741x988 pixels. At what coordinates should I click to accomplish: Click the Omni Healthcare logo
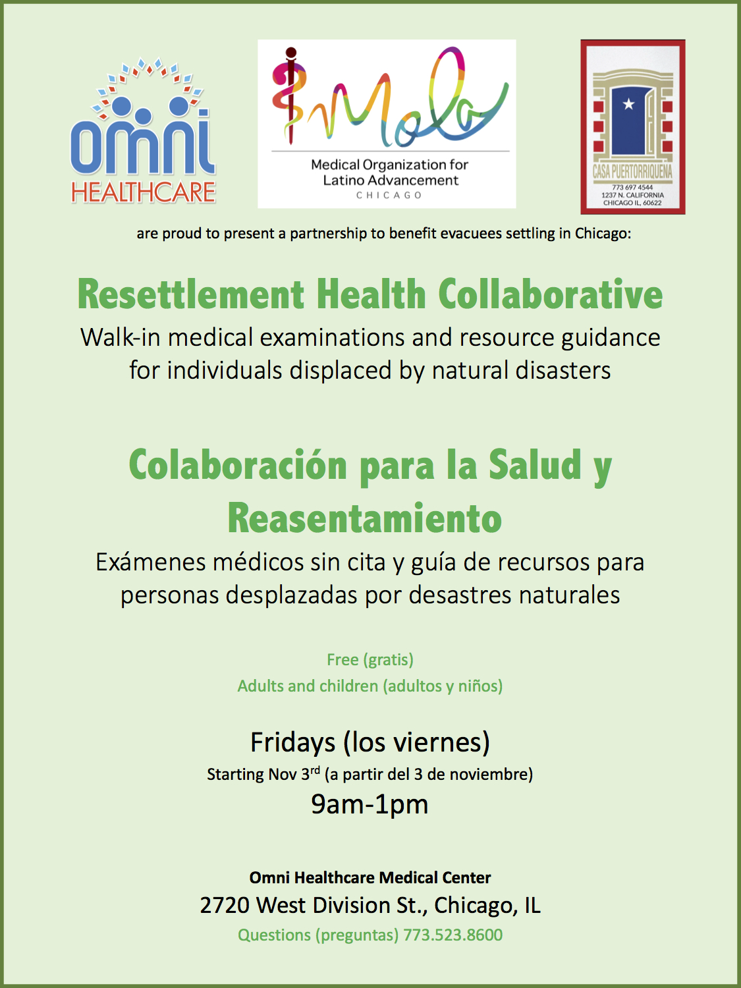[143, 130]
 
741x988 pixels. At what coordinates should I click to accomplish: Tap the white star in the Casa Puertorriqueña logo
[628, 105]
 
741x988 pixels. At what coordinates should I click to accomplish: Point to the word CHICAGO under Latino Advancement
[389, 196]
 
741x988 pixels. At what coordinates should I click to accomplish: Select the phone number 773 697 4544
[632, 187]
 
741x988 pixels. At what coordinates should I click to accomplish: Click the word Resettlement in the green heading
[191, 295]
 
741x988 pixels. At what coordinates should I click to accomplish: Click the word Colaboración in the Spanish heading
[238, 466]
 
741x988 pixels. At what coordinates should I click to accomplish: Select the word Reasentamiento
[364, 518]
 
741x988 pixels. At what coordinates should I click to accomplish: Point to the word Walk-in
[120, 337]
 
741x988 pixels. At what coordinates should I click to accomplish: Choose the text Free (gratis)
[370, 660]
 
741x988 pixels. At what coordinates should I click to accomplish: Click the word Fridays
[293, 742]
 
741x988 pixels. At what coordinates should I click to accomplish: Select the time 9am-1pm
[370, 805]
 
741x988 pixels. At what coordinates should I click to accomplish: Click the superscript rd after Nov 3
[315, 770]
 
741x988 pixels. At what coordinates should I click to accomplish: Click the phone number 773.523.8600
[453, 935]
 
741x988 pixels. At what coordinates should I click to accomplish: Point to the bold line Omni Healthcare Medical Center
[370, 877]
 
